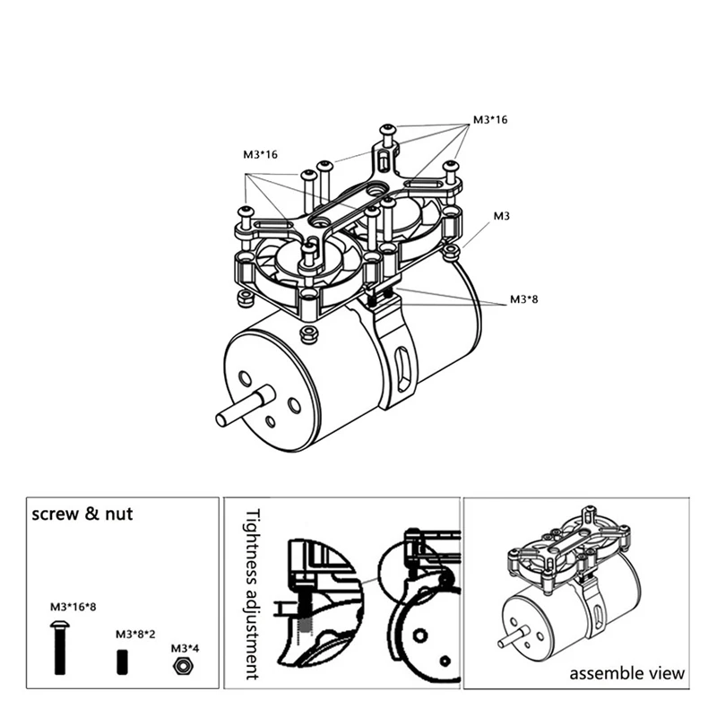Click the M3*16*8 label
73,607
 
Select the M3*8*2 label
134,633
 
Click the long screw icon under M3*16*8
61,646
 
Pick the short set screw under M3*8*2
121,663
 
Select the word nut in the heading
124,515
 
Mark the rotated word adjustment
251,627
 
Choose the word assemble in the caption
601,672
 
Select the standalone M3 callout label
502,217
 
